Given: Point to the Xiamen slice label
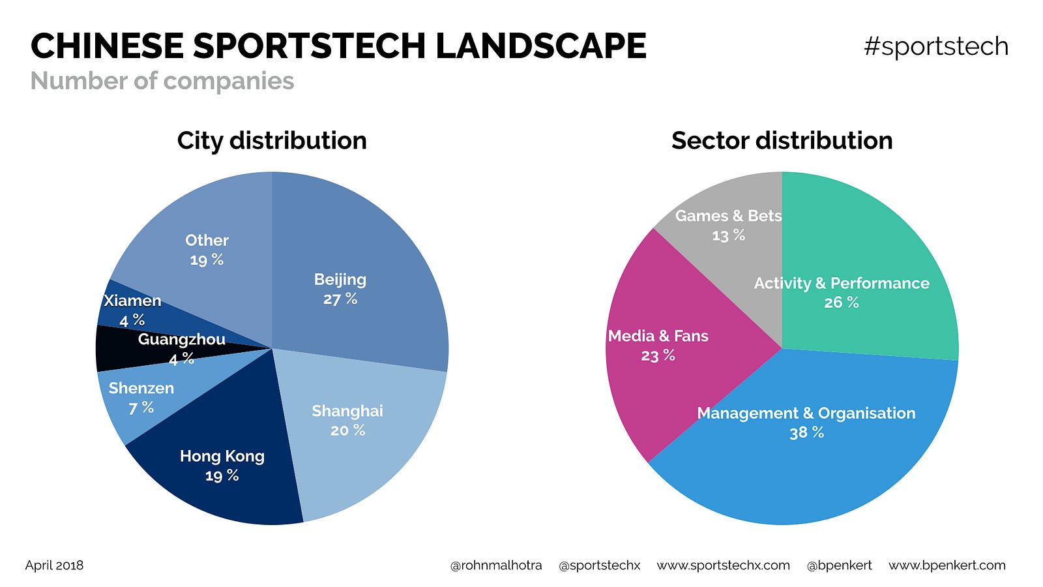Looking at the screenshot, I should coord(132,301).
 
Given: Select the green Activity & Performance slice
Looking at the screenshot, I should coord(860,274).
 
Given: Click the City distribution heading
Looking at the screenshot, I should coord(272,141).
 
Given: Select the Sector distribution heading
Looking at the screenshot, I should coord(782,141).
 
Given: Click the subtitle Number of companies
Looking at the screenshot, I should coord(162,82).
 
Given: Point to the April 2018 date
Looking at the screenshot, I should coord(54,565).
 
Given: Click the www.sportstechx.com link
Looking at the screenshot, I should coord(723,565).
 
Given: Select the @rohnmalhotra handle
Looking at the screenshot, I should coord(495,565).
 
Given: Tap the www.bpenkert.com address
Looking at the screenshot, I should coord(947,565).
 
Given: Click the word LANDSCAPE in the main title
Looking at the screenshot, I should coord(540,46).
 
